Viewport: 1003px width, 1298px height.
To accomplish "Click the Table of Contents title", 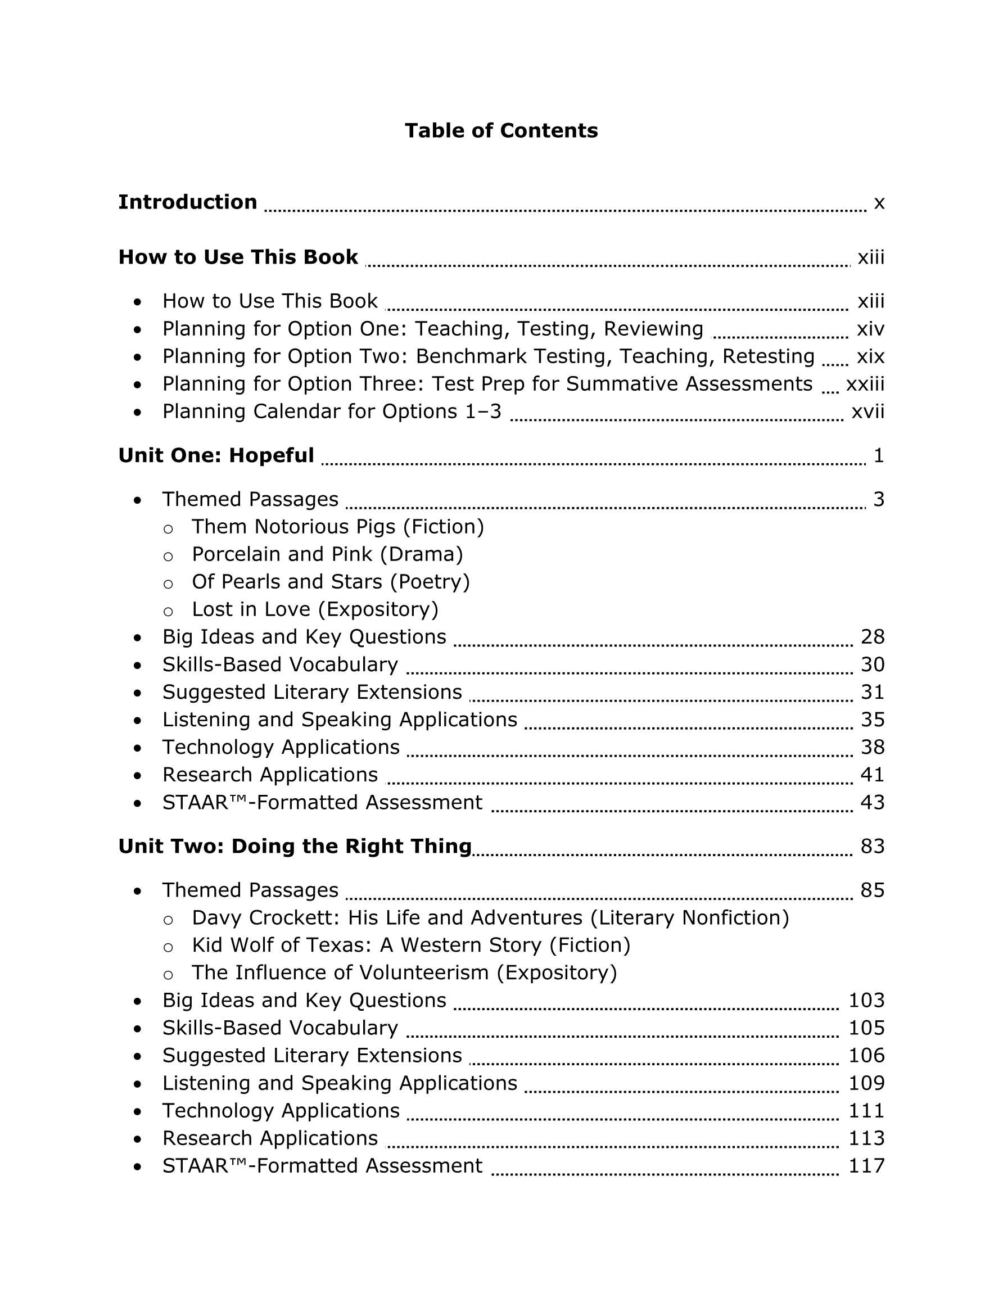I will [501, 131].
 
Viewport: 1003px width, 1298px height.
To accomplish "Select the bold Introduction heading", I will [187, 202].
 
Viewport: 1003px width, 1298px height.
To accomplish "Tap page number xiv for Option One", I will [870, 329].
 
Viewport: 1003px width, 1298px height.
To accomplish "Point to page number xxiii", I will [865, 384].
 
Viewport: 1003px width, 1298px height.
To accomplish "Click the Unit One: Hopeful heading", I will [216, 455].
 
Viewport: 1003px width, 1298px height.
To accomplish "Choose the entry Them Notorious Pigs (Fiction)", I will [338, 527].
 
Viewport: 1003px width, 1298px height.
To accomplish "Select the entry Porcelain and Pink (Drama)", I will [327, 554].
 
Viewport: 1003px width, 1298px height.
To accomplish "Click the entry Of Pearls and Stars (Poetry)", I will [331, 581].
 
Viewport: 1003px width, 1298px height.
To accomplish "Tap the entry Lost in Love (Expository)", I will [315, 609].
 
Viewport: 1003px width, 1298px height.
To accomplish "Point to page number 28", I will [872, 636].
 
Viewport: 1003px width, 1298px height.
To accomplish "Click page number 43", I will [872, 802].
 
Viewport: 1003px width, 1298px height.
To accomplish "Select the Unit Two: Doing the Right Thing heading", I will [295, 845].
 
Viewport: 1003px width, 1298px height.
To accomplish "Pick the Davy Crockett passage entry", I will [490, 917].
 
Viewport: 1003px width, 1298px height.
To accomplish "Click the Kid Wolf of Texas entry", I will [411, 945].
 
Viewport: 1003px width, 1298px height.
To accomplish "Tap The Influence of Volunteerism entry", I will [404, 973].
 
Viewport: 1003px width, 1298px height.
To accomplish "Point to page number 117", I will [866, 1165].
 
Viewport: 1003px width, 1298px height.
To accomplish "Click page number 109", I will [866, 1083].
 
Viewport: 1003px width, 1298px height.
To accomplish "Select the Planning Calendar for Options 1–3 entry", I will [332, 411].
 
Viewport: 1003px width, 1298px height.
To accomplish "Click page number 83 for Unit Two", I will [872, 845].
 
